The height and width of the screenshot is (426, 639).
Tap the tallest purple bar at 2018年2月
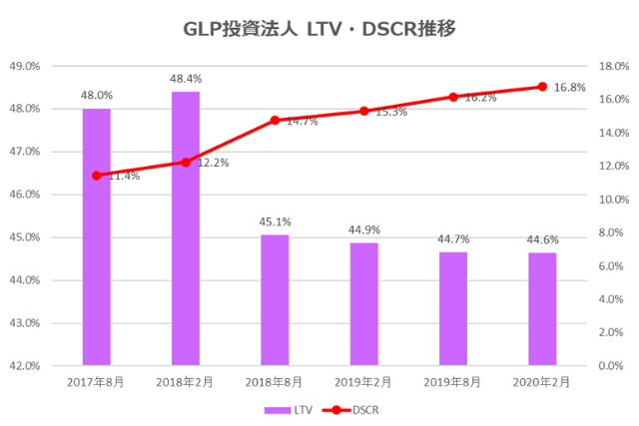click(186, 228)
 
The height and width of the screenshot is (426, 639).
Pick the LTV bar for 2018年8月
click(275, 299)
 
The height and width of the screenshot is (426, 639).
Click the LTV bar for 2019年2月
click(363, 303)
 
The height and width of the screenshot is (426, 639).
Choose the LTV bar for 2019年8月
click(453, 308)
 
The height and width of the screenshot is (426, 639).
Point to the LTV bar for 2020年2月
click(542, 309)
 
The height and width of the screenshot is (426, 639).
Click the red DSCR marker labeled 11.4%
click(96, 176)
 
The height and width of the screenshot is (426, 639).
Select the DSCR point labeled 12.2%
click(186, 162)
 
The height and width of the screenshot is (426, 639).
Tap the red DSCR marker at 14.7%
click(275, 121)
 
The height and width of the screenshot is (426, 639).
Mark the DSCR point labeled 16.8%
click(542, 86)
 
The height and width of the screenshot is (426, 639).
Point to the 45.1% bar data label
click(275, 222)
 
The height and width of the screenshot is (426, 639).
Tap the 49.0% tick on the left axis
click(24, 66)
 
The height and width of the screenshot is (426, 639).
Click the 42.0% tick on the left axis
click(24, 366)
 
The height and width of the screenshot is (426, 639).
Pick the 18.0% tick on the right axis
click(612, 66)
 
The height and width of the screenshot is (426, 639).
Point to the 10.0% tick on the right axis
click(612, 200)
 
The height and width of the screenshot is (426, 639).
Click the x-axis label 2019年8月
click(453, 382)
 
